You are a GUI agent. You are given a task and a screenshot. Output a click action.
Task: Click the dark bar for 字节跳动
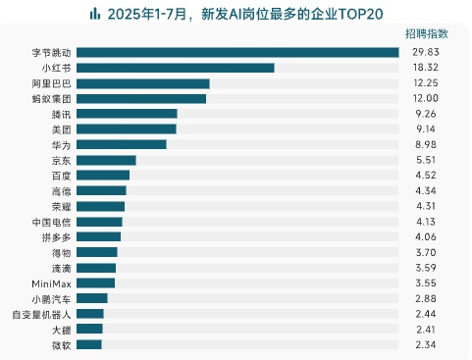236,52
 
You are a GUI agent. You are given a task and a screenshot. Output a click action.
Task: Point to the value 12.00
425,98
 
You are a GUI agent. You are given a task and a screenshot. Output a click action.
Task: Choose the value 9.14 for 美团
425,129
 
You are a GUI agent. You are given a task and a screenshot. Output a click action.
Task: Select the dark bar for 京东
106,160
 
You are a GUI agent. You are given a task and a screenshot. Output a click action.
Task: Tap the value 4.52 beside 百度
425,176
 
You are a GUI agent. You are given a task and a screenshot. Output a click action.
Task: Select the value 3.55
425,283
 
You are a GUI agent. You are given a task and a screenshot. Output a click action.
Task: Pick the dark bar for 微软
88,344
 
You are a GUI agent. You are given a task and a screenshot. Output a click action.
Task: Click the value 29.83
425,52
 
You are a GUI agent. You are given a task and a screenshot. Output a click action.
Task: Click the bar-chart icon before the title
94,14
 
